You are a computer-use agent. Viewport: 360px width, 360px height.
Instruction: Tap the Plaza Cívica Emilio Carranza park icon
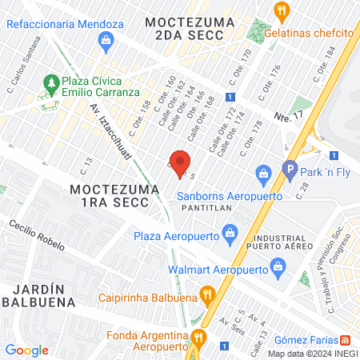[50, 82]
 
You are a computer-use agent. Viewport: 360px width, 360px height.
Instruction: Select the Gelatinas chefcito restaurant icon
[280, 11]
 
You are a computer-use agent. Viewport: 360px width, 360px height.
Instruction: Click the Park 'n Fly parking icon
[290, 170]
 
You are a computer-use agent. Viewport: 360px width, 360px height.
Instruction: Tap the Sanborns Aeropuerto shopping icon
[262, 173]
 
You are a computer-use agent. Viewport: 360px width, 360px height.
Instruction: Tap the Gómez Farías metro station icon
[345, 339]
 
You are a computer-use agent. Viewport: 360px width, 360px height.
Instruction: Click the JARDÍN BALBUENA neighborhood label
[38, 294]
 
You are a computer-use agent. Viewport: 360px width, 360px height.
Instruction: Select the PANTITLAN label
[206, 208]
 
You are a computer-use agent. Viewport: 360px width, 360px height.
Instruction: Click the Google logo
[26, 350]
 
